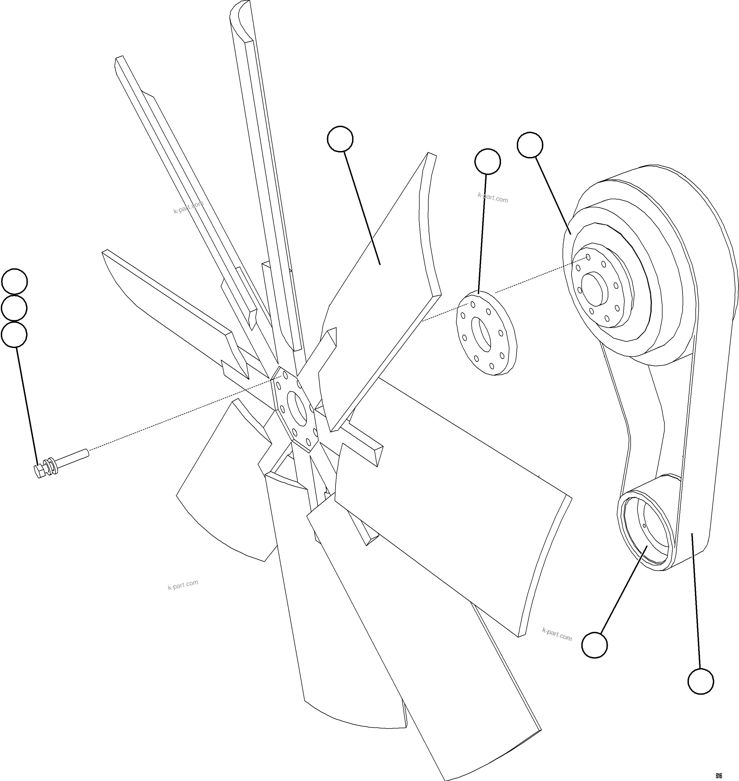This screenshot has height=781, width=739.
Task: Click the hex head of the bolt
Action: [39, 471]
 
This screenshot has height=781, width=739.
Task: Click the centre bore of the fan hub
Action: [297, 408]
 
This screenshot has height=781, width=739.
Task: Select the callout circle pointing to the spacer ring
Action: [488, 161]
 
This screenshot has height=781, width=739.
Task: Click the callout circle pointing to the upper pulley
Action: [530, 145]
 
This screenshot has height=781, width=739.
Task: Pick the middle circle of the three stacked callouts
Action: [15, 308]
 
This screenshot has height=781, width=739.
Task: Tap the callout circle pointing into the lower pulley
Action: [594, 645]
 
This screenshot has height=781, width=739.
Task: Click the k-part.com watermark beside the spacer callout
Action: [493, 197]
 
